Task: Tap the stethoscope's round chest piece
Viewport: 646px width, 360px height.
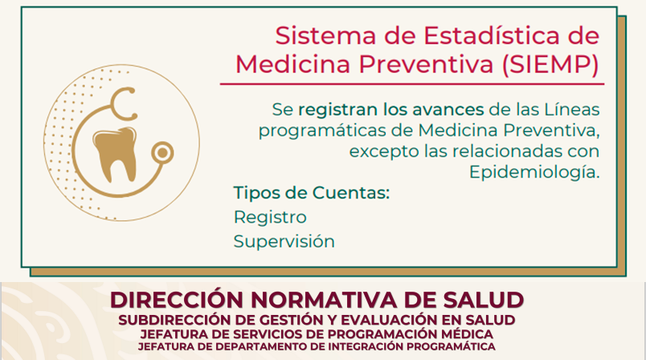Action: coord(162,153)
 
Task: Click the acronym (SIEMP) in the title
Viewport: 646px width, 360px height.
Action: coord(550,64)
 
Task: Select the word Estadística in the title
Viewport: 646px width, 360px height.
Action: coord(492,35)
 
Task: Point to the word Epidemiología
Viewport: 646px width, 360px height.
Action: coord(534,172)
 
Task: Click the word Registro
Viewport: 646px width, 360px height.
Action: coord(270,218)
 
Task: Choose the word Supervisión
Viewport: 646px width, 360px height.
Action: coord(284,241)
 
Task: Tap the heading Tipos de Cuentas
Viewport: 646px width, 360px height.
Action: coord(312,193)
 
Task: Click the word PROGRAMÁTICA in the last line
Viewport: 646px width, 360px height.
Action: coord(451,346)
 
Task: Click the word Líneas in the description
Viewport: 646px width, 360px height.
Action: coord(572,109)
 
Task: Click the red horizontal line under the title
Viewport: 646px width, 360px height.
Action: coord(412,84)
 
